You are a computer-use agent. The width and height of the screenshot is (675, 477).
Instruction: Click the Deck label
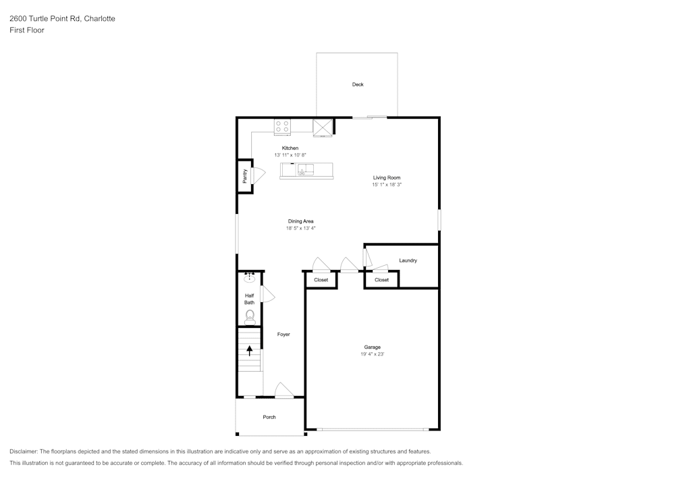[358, 84]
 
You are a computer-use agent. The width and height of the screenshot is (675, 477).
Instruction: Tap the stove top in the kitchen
[282, 126]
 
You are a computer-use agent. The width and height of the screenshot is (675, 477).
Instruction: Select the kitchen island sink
[306, 169]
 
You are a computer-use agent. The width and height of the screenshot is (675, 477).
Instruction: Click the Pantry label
[244, 176]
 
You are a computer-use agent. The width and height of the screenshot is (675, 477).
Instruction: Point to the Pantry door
[258, 173]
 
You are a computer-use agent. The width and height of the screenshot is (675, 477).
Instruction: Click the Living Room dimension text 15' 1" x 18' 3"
[387, 184]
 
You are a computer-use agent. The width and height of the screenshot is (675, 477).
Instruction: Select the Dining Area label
[300, 221]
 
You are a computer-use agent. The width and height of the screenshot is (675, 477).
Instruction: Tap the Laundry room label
[408, 260]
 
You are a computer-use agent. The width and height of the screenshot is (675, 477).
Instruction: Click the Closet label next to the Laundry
[381, 279]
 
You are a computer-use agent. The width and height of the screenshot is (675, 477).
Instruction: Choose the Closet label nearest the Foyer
[321, 279]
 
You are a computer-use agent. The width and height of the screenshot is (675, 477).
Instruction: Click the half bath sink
[249, 277]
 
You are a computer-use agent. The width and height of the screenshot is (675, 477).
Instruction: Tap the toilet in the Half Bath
[250, 316]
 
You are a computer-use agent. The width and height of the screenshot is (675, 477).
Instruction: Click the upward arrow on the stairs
[250, 350]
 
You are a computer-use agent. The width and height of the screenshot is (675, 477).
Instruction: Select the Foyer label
[283, 334]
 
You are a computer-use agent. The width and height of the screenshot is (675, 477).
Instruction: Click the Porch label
[269, 417]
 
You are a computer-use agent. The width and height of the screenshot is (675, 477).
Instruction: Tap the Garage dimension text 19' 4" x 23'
[372, 354]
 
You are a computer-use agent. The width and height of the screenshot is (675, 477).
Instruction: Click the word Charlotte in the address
[99, 19]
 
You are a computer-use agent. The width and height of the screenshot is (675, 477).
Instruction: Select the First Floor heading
[27, 30]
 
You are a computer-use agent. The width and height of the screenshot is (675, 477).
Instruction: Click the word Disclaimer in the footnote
[24, 451]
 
